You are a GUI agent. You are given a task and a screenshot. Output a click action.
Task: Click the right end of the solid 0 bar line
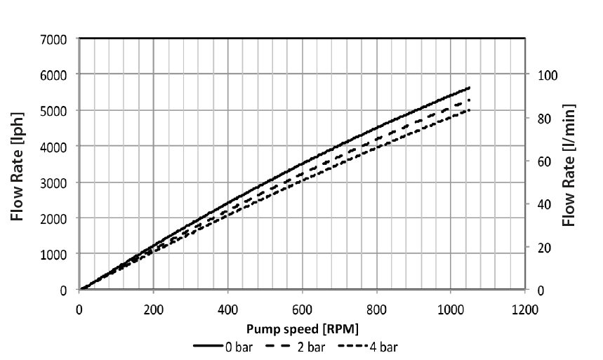[469, 88]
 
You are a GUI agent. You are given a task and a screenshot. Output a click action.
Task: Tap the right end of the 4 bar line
[469, 110]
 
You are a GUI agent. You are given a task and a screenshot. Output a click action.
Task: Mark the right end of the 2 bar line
[469, 100]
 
